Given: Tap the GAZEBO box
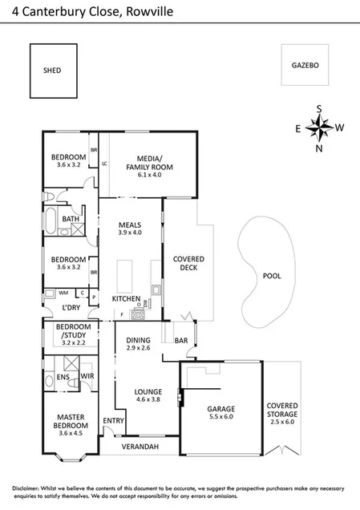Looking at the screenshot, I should coord(305,65).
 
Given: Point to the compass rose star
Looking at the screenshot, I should coord(319,127).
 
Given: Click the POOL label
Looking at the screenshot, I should coord(272,275).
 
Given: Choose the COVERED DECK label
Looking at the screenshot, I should coord(188,264).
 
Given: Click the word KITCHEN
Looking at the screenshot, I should coord(126,299).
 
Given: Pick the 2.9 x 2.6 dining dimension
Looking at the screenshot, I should coord(139,348).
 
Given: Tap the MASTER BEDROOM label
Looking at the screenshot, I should coord(69,420).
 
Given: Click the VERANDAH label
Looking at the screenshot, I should coord(140,446).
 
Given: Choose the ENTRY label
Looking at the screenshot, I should coord(114,420).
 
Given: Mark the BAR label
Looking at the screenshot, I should coord(181,340).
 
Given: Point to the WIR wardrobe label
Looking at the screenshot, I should coord(87,375).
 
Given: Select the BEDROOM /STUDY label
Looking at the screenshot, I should coord(72,332).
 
